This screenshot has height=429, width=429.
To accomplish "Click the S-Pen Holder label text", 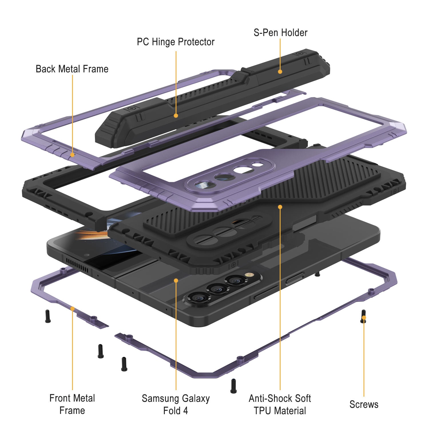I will [280, 33].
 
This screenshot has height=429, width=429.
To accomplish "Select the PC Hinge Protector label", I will [176, 42].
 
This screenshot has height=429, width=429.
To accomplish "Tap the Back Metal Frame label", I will [72, 69].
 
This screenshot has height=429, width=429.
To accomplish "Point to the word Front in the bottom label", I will [60, 398].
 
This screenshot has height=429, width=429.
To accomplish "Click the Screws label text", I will [364, 404].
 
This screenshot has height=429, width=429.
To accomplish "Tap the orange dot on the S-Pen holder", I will [280, 71].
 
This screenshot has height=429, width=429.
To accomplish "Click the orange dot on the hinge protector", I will [176, 116].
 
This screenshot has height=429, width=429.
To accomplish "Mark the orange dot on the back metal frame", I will [72, 155].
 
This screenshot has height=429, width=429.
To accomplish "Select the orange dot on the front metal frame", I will [72, 309].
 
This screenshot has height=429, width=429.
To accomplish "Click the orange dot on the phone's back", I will [176, 281].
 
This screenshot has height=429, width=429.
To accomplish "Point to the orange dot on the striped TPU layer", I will [280, 206].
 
